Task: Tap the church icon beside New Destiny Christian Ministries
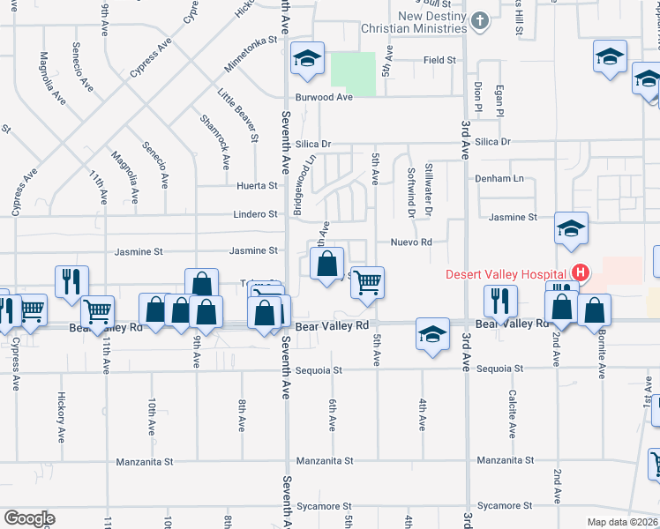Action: click(479, 20)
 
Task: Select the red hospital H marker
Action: click(580, 272)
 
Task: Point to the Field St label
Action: click(439, 60)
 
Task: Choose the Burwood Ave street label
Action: click(324, 97)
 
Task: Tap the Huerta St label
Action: click(258, 186)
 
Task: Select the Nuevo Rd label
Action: click(411, 242)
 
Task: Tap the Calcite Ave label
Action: click(512, 414)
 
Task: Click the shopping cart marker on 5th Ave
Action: click(368, 282)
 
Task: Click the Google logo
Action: click(29, 518)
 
